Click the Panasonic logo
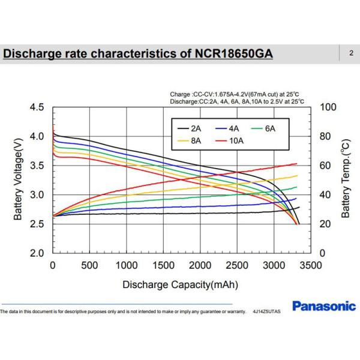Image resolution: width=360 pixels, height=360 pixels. click(323, 307)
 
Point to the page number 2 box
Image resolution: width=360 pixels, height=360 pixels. click(350, 53)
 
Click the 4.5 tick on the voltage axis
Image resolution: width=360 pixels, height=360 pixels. click(37, 107)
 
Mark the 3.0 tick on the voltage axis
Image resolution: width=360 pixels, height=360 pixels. click(37, 195)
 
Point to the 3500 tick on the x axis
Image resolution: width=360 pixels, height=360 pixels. click(310, 266)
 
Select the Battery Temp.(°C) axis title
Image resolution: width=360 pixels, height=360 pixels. click(346, 181)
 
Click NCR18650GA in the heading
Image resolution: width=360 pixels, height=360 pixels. click(229, 54)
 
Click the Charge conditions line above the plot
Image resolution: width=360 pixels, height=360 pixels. click(233, 94)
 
